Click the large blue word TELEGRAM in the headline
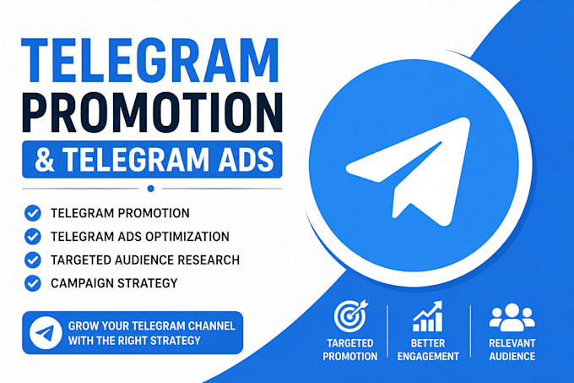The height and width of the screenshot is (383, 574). point(150,61)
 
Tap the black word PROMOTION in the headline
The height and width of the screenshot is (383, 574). point(152,112)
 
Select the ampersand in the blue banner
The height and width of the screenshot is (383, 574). point(45,160)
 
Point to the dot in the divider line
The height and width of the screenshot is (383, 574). point(150,189)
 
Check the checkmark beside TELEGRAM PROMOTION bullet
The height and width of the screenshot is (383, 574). point(33,213)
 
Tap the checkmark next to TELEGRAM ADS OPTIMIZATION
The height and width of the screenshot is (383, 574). point(33,237)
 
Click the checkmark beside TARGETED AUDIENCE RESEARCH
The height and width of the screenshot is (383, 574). point(33,260)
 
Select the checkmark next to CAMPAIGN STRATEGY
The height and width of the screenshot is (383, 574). point(33,283)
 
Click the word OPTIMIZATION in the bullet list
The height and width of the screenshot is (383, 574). point(187,237)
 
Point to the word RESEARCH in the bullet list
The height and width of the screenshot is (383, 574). point(208,260)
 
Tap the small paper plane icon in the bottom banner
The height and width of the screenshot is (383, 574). point(46,333)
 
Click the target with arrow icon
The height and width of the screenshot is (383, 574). point(350,315)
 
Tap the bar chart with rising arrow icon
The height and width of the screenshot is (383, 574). point(428,316)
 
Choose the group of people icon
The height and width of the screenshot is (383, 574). point(512,317)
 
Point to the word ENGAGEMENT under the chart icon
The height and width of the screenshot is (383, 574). point(428,356)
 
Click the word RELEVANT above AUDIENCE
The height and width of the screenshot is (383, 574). point(512,343)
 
